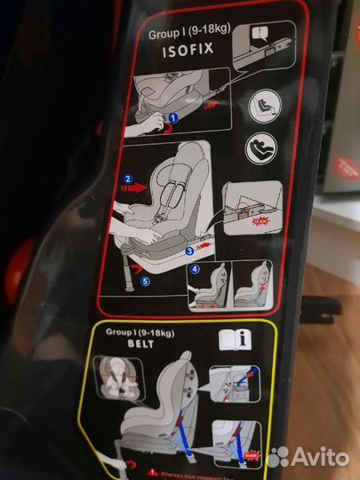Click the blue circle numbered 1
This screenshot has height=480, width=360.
point(174,117)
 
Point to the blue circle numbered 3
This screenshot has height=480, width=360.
point(190,252)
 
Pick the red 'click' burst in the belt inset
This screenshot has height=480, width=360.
point(253,456)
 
